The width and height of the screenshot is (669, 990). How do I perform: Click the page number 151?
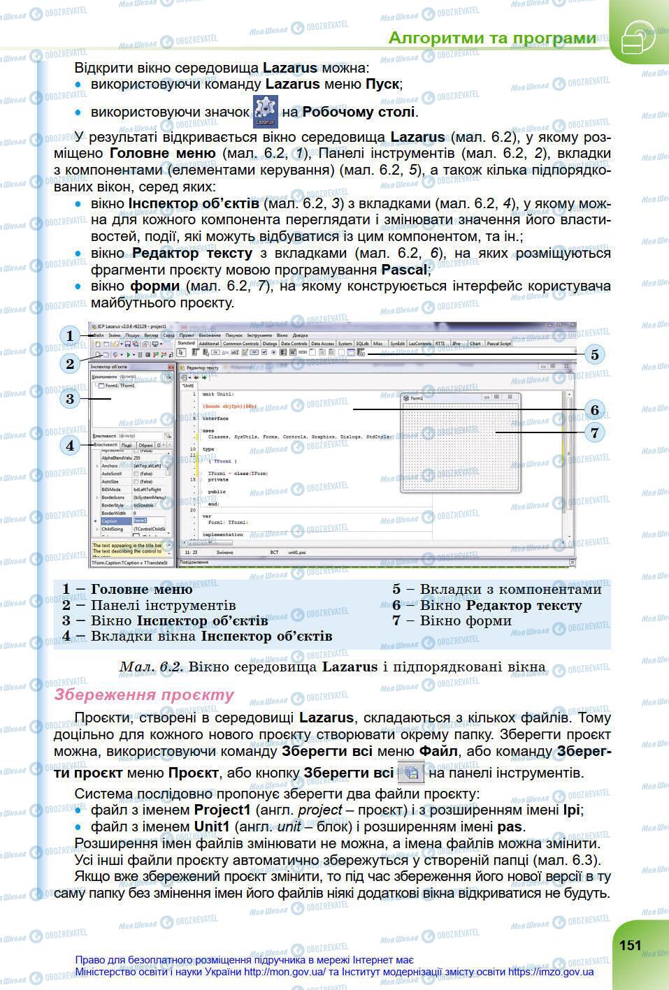(630, 945)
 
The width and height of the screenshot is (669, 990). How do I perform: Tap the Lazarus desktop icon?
(265, 111)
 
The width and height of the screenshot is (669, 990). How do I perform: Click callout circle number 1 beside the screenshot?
(70, 336)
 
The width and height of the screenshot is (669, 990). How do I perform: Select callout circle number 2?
(70, 363)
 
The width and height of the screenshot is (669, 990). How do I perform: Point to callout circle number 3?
(70, 399)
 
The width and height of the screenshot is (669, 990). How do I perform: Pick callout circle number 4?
(70, 444)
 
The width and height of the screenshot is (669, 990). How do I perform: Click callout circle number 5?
(594, 354)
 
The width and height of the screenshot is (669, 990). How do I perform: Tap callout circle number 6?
(594, 409)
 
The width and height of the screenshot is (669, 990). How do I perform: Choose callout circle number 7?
(594, 432)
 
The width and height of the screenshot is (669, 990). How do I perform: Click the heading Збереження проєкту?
(145, 694)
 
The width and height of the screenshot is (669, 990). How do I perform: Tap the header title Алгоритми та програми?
(492, 38)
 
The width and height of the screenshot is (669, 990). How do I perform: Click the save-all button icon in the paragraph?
(412, 773)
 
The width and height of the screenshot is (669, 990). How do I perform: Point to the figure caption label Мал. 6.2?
(151, 667)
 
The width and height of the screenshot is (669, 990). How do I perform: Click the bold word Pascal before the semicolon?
(403, 269)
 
